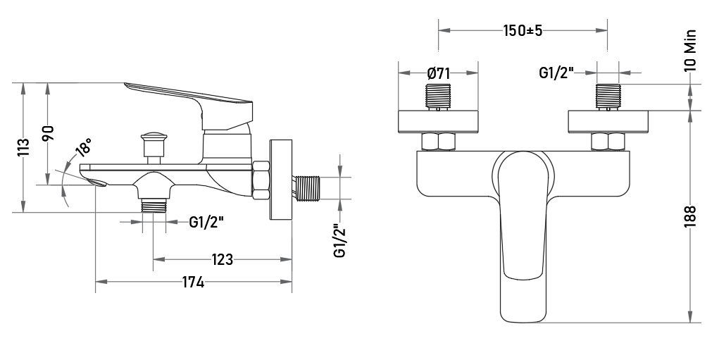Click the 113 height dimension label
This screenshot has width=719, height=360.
pos(23,147)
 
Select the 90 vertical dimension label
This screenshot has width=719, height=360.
pos(49,133)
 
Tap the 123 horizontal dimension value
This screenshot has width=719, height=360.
pos(223,259)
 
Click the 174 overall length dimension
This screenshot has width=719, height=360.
pos(193,282)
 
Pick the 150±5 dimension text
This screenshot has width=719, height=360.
pos(523,31)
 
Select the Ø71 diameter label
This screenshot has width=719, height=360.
pos(438,73)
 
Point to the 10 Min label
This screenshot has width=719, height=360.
pos(691,51)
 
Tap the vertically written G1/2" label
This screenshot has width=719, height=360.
pos(340,241)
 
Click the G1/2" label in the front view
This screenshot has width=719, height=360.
pos(556,73)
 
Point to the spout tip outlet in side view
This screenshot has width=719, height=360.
pos(99,183)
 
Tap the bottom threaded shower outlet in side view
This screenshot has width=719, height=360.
pos(153,206)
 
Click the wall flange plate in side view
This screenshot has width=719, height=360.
pos(281,180)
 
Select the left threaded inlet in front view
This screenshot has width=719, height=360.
pos(438,97)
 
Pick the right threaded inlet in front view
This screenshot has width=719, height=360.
pos(608,97)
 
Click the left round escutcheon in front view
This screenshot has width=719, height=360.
pos(438,122)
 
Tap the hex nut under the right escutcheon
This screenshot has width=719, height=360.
pos(608,142)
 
